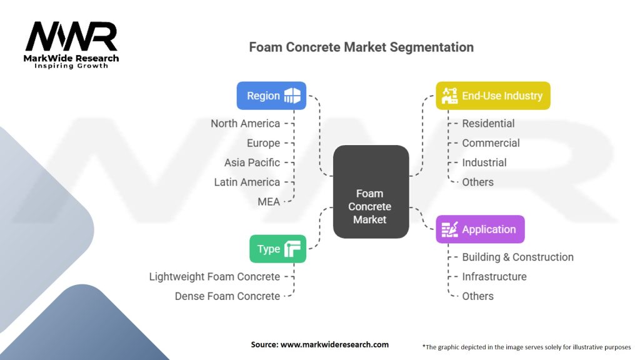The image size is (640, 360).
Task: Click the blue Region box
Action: (x=271, y=96)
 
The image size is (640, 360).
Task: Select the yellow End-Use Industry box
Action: (x=493, y=96)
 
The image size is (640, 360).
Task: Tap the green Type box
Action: (x=277, y=249)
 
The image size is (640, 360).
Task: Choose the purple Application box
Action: (x=480, y=229)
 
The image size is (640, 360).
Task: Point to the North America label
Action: (x=245, y=124)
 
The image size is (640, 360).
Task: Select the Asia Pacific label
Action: (x=252, y=162)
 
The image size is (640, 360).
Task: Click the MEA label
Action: (x=269, y=201)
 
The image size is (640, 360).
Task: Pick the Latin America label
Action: (x=247, y=182)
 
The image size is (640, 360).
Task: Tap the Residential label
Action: (x=488, y=124)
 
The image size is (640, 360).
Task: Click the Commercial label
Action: (x=491, y=143)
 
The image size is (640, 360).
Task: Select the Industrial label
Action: (x=484, y=162)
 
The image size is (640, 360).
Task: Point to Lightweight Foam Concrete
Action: (x=214, y=276)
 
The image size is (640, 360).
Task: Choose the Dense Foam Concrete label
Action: (x=227, y=296)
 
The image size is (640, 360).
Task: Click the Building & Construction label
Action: (x=517, y=257)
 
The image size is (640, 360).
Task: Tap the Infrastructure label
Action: (x=494, y=276)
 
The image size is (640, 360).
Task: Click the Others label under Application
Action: (x=477, y=296)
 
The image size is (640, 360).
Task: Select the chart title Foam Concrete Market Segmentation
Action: (x=361, y=47)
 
